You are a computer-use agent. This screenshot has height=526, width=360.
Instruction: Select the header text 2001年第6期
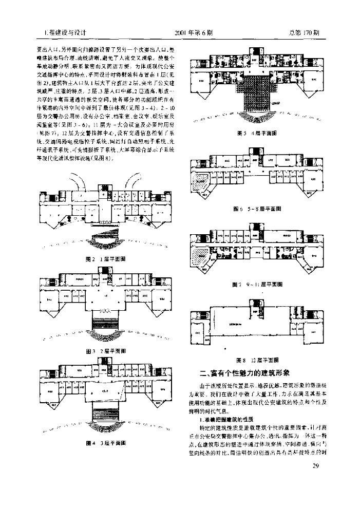(193, 32)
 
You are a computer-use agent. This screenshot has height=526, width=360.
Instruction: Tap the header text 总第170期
(304, 32)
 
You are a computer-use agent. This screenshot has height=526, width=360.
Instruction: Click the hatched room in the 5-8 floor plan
(200, 181)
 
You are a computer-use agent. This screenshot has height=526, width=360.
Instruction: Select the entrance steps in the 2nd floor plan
(106, 322)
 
